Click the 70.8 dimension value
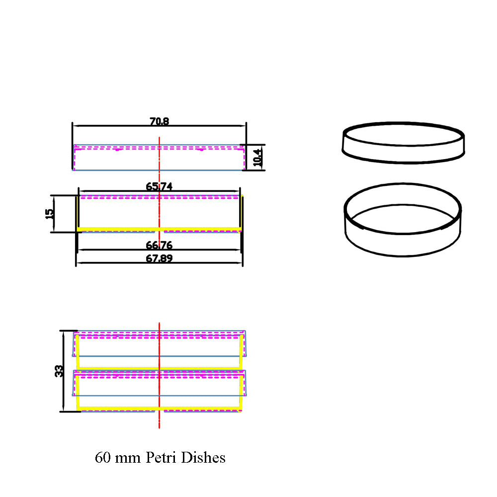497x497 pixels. point(159,121)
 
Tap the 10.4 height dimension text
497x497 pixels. point(258,158)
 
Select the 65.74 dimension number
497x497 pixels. point(159,186)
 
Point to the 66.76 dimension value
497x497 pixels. point(159,245)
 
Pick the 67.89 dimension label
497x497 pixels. point(159,258)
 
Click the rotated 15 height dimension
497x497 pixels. point(50,214)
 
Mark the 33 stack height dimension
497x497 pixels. point(59,371)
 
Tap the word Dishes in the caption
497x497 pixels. point(203,457)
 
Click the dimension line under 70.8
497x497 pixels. point(159,126)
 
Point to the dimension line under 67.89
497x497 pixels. point(159,263)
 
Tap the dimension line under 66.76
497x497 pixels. point(159,250)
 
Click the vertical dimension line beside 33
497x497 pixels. point(64,371)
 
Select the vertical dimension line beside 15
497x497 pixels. point(54,214)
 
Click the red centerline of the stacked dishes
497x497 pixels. point(159,376)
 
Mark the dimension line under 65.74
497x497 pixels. point(159,191)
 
